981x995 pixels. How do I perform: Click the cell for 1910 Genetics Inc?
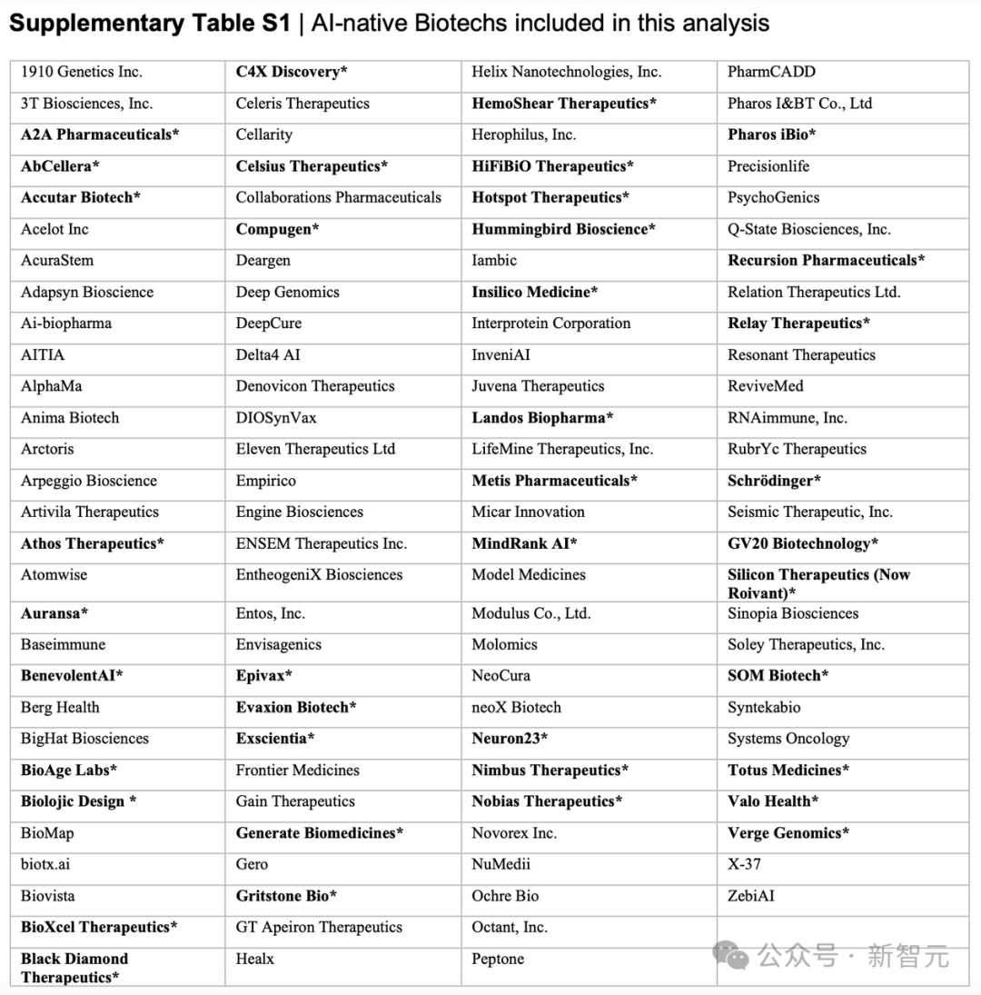click(x=82, y=72)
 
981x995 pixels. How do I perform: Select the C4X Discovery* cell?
click(x=292, y=72)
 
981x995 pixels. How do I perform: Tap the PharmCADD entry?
click(x=771, y=72)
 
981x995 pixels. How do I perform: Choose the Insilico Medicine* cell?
click(x=534, y=292)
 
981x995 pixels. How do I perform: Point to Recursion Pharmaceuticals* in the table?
click(x=826, y=261)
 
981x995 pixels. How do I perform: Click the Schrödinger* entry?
click(x=774, y=481)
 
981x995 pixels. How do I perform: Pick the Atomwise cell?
click(x=54, y=574)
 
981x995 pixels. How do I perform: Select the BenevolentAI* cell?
click(x=72, y=676)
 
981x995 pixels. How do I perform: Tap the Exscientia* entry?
click(x=275, y=739)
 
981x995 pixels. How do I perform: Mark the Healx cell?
click(x=254, y=959)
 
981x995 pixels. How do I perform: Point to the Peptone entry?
click(x=498, y=959)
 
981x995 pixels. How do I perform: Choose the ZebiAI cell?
click(x=751, y=896)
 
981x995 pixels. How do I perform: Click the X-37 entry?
click(x=744, y=864)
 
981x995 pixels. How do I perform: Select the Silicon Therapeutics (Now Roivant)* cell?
click(x=817, y=583)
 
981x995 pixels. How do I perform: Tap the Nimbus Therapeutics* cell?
click(x=550, y=771)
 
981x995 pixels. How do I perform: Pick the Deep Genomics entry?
click(x=287, y=292)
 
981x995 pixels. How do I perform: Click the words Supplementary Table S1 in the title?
click(x=150, y=24)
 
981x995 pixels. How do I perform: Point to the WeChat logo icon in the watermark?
click(x=731, y=955)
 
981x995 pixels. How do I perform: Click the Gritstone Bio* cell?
click(x=286, y=896)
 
